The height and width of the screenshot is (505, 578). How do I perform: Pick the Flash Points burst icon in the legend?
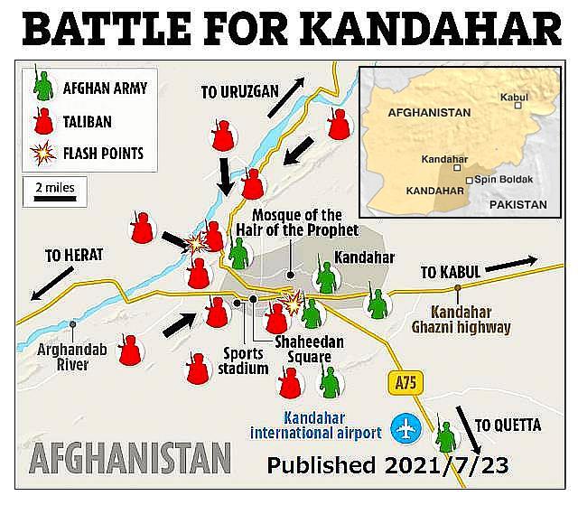click(40, 152)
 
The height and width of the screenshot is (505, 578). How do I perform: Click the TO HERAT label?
click(74, 256)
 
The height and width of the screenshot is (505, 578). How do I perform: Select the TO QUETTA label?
click(508, 425)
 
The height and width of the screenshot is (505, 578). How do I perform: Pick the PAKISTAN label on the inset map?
click(517, 205)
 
